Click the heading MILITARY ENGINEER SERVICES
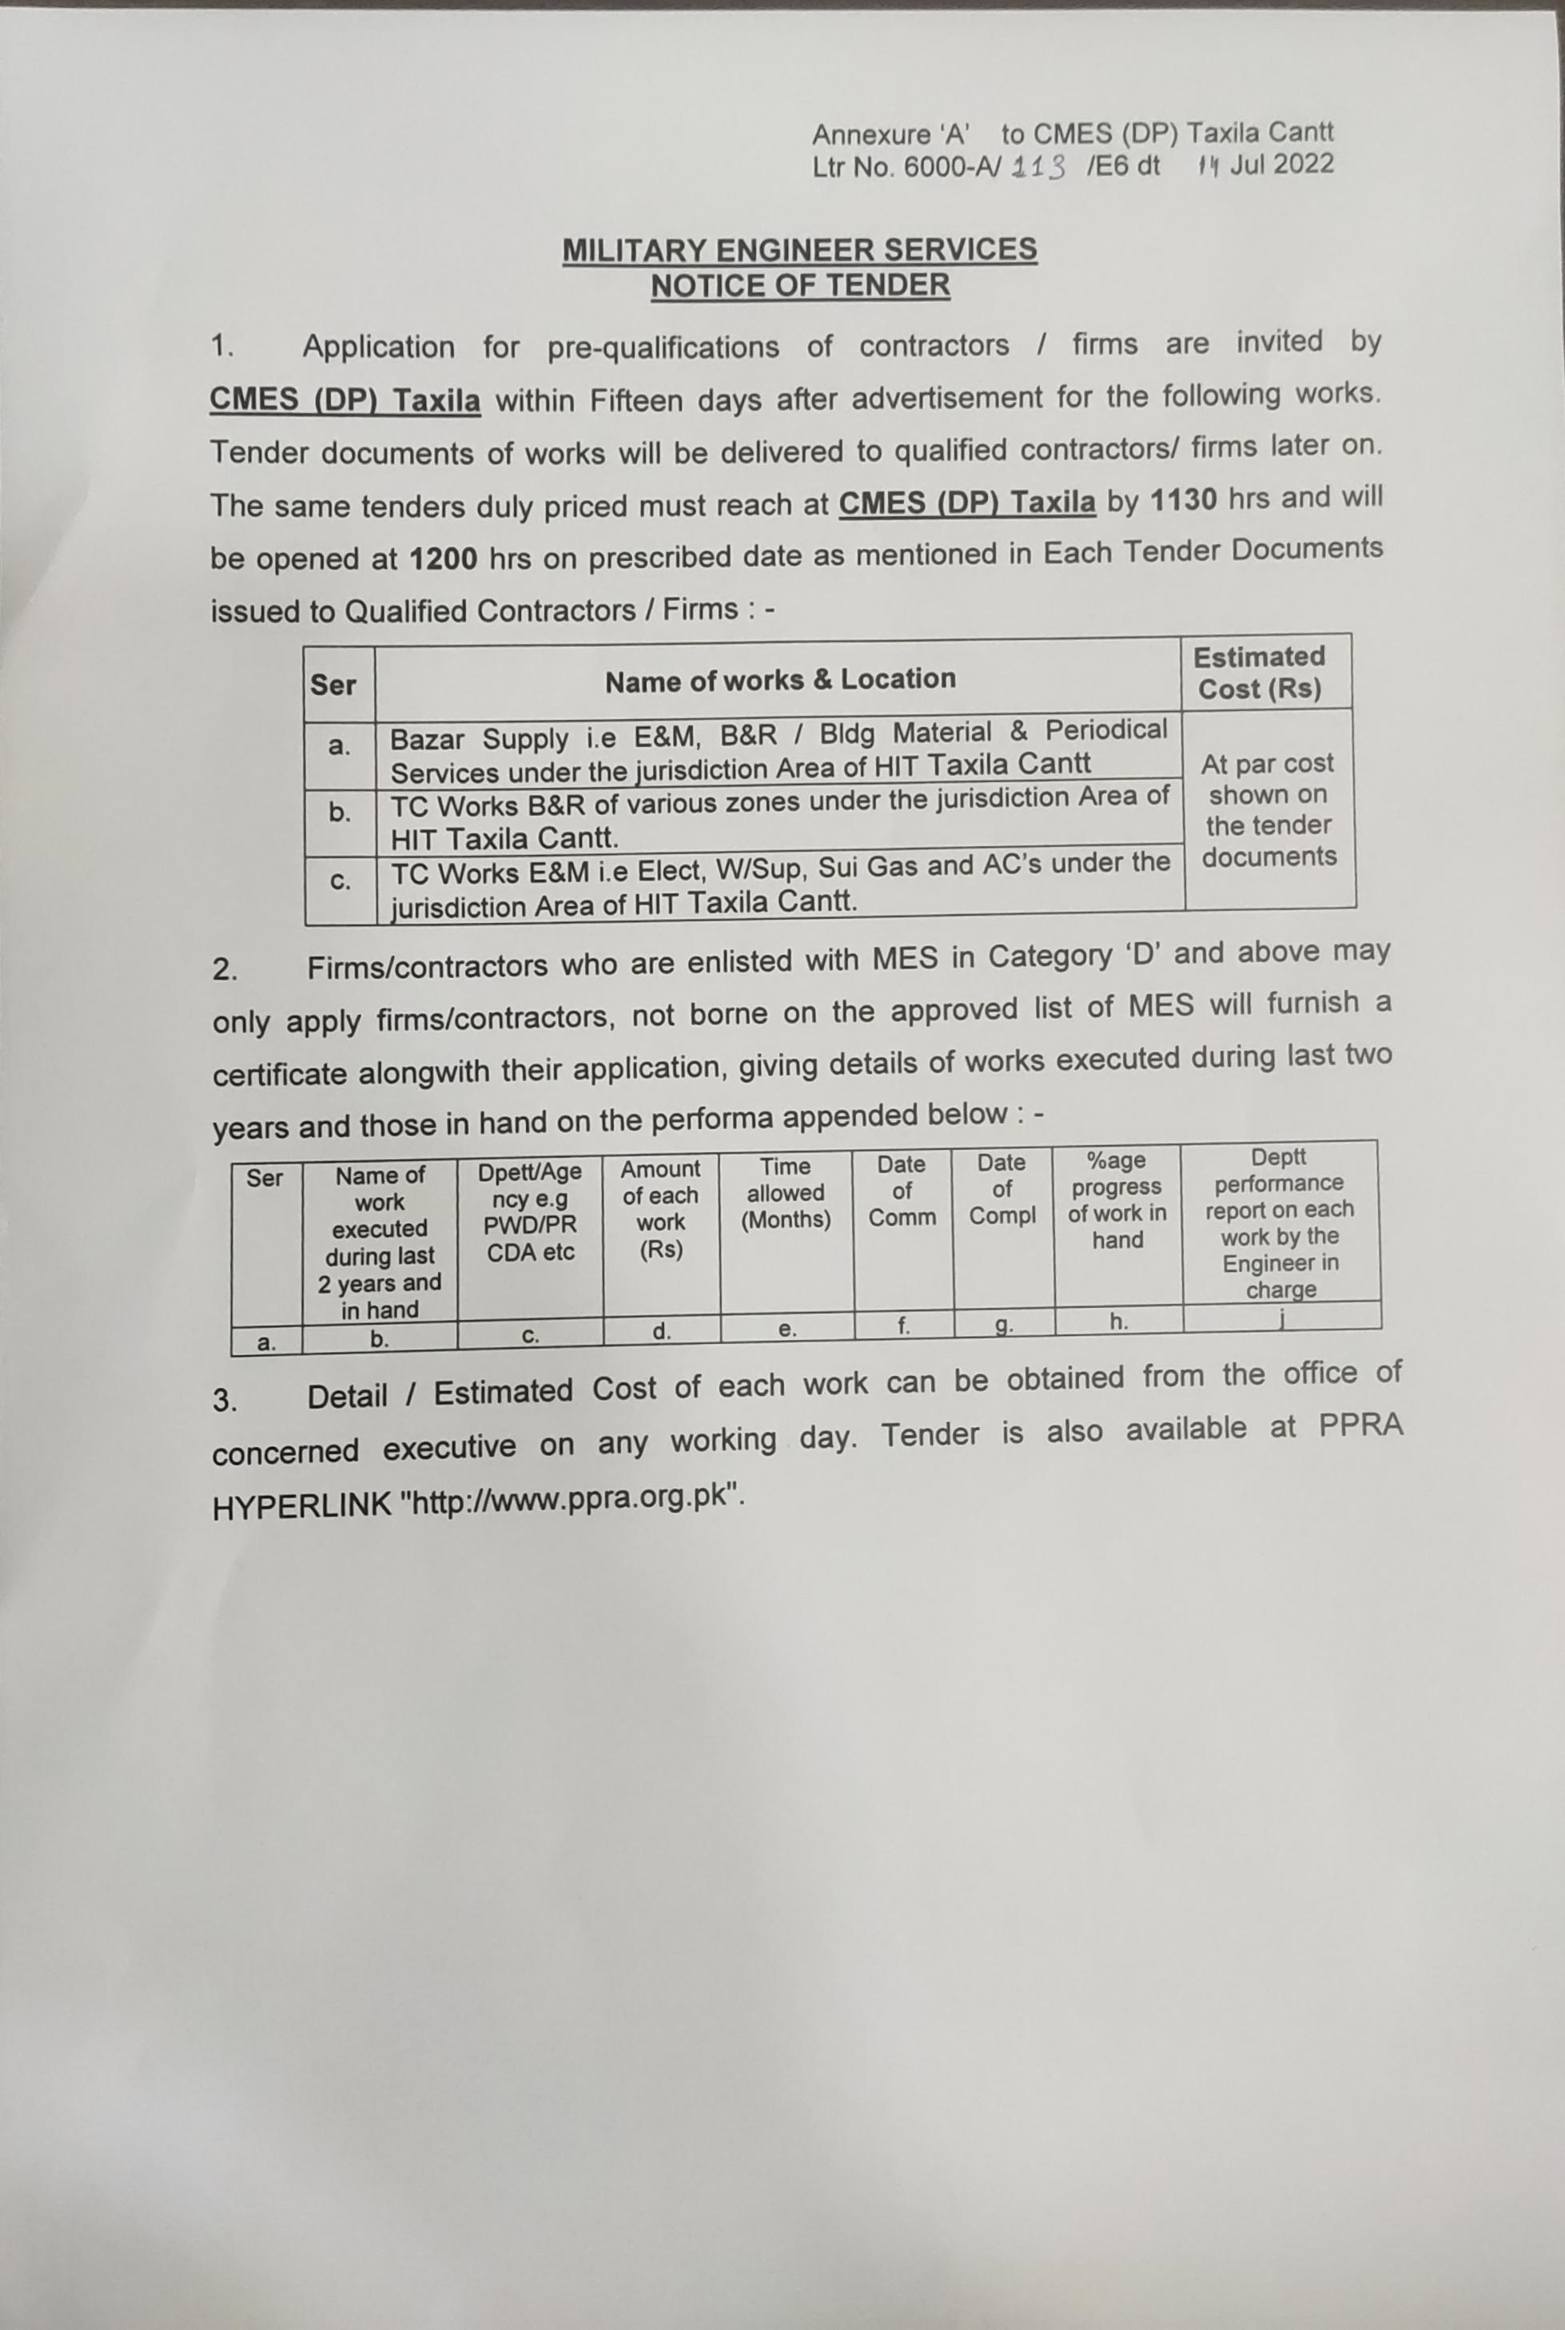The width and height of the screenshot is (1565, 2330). (x=799, y=249)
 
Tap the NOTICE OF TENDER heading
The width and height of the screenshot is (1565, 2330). (x=799, y=286)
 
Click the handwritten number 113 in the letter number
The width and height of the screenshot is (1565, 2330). (x=1039, y=167)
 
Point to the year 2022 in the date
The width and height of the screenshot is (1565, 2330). (x=1304, y=164)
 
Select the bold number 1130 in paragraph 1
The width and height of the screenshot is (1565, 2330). (x=1183, y=499)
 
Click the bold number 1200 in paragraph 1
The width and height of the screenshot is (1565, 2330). (x=442, y=559)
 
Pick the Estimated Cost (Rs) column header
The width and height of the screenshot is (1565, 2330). (x=1259, y=673)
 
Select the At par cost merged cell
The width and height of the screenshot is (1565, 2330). (x=1268, y=809)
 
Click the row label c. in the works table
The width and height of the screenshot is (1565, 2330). (x=340, y=882)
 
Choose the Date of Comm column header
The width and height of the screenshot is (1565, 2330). (x=902, y=1191)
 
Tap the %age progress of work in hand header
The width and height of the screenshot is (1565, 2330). (x=1117, y=1200)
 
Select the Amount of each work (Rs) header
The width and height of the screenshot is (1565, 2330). (x=661, y=1208)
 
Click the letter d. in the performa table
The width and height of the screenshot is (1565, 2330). (x=662, y=1331)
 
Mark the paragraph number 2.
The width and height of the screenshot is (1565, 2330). (x=225, y=970)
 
